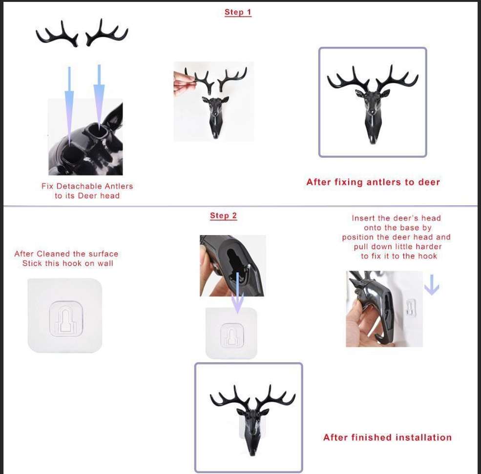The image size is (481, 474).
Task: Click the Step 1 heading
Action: [x=238, y=13]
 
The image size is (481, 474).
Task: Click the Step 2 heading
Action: [x=223, y=216]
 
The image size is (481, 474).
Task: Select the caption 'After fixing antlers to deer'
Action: [x=373, y=182]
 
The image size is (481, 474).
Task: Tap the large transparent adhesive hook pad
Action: [x=64, y=316]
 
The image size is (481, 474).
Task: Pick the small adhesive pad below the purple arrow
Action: [x=231, y=334]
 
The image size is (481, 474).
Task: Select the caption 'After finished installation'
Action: [x=387, y=437]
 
